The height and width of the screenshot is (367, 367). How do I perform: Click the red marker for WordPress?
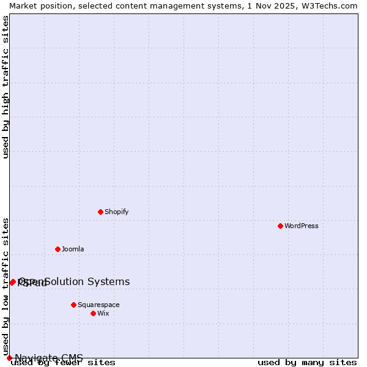point(280,226)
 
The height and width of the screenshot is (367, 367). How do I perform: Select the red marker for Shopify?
point(100,212)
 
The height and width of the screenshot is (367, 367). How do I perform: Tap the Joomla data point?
point(57,249)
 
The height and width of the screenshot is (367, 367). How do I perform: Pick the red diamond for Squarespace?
point(73,305)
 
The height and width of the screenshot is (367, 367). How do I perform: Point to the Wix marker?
point(93,313)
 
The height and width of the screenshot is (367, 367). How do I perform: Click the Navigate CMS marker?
point(9,358)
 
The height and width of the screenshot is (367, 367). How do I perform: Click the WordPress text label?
point(302,226)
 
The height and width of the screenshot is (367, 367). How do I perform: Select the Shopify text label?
point(116,212)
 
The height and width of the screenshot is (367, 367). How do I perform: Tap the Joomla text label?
point(73,249)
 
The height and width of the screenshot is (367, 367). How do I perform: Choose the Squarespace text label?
point(98,305)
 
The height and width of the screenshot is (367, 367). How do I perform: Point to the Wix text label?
point(103,313)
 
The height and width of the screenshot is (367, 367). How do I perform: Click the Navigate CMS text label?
point(49,358)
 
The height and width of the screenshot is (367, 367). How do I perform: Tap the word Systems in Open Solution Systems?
point(108,281)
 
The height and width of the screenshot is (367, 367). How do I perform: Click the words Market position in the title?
point(40,6)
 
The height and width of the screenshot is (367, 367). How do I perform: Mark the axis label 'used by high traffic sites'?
point(6,87)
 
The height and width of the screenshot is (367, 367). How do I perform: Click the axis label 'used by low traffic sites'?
point(6,286)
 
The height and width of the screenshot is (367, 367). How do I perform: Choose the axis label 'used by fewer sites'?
point(64,363)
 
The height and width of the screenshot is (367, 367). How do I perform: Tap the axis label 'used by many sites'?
point(307,363)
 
